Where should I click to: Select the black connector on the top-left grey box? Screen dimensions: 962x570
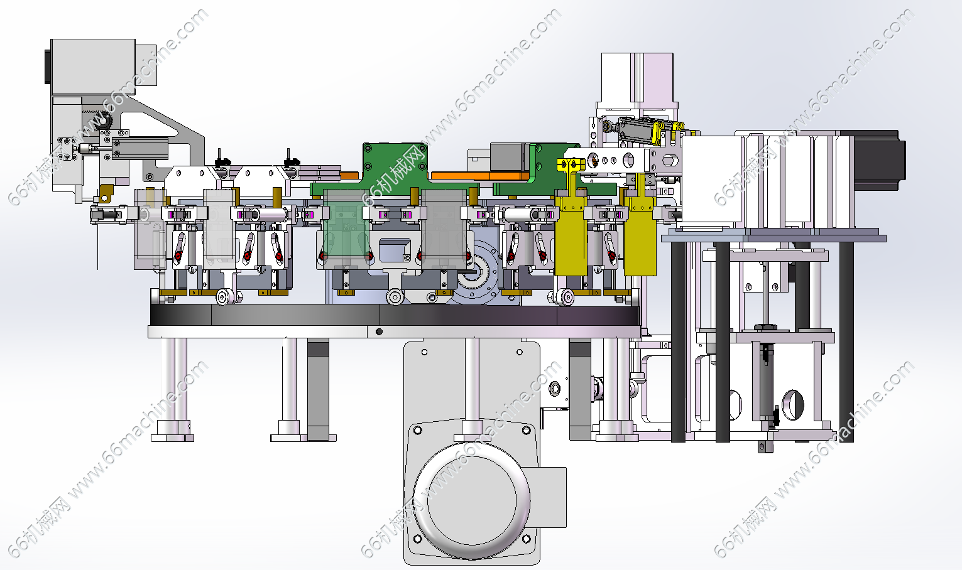pyautogui.click(x=48, y=67)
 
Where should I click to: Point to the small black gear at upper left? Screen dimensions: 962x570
pyautogui.click(x=104, y=120)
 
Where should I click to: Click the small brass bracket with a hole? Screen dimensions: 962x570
pyautogui.click(x=105, y=193)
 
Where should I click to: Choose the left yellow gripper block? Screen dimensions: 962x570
pyautogui.click(x=571, y=236)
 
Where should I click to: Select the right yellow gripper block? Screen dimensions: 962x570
pyautogui.click(x=640, y=236)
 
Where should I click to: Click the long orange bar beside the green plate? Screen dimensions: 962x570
pyautogui.click(x=479, y=176)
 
